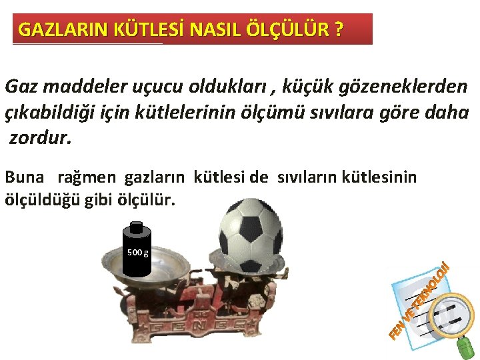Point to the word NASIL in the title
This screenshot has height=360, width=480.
[214, 30]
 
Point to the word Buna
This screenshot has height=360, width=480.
[25, 177]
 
